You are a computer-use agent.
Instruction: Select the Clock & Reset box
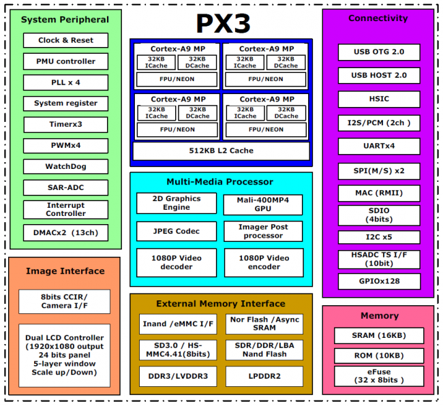(x=65, y=40)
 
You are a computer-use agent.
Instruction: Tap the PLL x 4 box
(x=65, y=82)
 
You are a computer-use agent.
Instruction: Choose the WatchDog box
(x=65, y=166)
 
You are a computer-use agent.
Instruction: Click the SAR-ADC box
(x=65, y=187)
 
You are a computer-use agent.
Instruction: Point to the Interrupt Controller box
(x=65, y=209)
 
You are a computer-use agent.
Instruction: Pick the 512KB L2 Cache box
(x=221, y=151)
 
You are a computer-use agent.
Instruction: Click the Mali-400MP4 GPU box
(x=263, y=204)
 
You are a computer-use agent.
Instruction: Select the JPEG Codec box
(x=177, y=231)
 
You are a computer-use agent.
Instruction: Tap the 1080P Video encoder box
(x=263, y=262)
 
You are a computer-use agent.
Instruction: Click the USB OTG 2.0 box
(x=379, y=52)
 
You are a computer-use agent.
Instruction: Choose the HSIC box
(x=379, y=99)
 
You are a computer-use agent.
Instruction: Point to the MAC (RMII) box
(x=379, y=193)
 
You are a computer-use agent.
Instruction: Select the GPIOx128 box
(x=379, y=281)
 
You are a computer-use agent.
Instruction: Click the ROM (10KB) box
(x=378, y=356)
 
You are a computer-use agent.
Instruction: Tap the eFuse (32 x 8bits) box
(x=378, y=376)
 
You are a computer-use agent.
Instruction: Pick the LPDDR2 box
(x=263, y=375)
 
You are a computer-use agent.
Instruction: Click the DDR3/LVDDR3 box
(x=177, y=375)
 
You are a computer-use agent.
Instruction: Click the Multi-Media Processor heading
(x=219, y=182)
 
